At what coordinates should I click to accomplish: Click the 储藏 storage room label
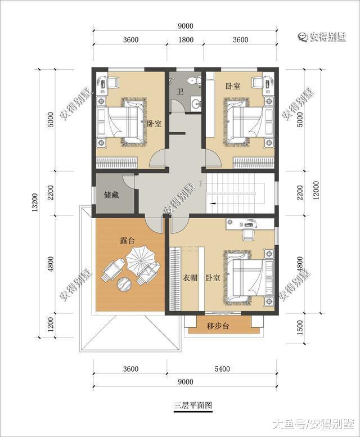[x=111, y=195]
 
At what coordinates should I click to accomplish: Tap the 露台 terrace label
[x=127, y=240]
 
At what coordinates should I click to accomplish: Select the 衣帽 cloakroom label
[x=190, y=278]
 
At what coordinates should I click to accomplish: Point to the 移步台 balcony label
[x=218, y=326]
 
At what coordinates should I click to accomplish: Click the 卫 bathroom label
[x=180, y=91]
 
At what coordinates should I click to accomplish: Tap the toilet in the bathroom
[x=194, y=80]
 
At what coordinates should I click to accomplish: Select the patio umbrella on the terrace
[x=139, y=260]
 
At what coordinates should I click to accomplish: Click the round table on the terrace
[x=124, y=284]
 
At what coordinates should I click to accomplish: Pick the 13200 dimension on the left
[x=35, y=202]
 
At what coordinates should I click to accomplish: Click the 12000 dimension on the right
[x=316, y=191]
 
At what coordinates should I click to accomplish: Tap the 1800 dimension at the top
[x=186, y=40]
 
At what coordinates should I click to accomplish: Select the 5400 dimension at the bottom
[x=222, y=369]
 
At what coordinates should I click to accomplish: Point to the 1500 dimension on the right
[x=300, y=328]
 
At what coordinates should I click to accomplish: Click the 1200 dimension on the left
[x=51, y=325]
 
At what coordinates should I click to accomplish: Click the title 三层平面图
[x=193, y=406]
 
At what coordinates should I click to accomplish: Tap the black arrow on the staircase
[x=213, y=204]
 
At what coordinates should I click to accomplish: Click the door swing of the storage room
[x=128, y=182]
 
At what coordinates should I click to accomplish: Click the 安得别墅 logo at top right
[x=322, y=37]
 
